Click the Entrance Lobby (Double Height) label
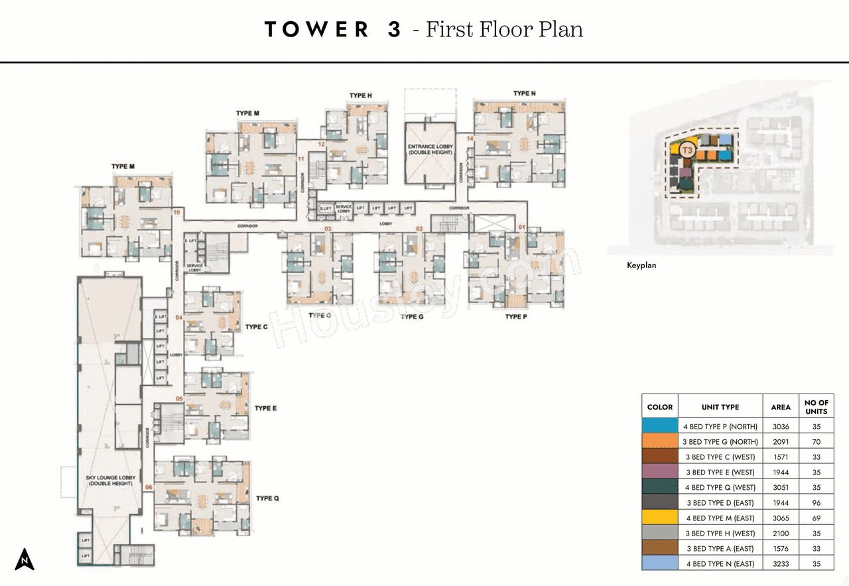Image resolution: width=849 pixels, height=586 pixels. pos(430,149)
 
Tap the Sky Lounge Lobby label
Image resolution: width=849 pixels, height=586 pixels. pos(110,480)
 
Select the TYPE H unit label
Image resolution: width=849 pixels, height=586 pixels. pos(360,96)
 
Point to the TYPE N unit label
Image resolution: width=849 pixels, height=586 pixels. pos(524,94)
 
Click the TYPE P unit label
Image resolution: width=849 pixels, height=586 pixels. pos(515,317)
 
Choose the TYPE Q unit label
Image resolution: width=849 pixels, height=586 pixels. pos(267,498)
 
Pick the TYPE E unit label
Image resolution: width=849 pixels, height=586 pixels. pos(265,408)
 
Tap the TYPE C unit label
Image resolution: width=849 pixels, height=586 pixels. pos(256,327)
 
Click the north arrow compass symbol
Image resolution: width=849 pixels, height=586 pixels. pos(25,559)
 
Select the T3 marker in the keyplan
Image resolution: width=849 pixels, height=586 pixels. pos(687,151)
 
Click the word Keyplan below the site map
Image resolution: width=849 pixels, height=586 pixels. pos(641,265)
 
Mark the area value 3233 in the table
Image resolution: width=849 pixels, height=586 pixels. pos(780,563)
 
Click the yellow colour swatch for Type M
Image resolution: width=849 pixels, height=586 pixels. pos(660,518)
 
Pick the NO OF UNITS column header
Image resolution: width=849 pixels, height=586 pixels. pos(816,407)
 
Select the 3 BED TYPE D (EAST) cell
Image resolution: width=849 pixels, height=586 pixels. pos(720,503)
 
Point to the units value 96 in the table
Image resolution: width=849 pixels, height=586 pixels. pos(816,503)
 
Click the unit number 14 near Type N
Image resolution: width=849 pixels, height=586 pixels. pos(470,139)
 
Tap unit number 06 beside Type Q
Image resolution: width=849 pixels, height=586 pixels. pos(149,488)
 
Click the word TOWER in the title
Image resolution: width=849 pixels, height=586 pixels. pos(316,30)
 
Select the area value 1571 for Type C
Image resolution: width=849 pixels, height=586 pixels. pos(780,457)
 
